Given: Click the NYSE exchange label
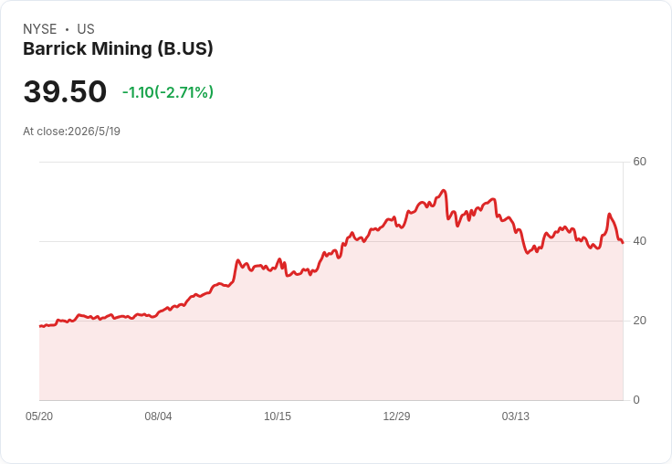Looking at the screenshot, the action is [40, 29].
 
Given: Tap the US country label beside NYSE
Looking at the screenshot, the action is [86, 29].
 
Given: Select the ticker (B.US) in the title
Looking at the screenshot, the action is [185, 49].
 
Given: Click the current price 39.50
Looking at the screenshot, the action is [65, 91].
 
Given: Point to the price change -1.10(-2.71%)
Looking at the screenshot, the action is [168, 92].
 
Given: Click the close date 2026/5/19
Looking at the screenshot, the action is [94, 132].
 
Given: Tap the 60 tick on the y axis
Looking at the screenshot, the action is [639, 162].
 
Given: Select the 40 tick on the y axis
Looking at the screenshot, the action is [639, 241].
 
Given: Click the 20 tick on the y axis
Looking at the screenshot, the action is [639, 321].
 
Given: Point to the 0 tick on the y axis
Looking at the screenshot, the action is [636, 400].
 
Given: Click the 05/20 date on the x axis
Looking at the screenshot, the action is [39, 417].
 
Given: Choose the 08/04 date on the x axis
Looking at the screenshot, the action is [158, 417].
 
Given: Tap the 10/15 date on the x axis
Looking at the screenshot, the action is [278, 417].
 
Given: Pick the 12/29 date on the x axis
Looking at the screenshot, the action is [396, 417].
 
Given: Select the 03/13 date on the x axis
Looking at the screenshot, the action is [516, 417].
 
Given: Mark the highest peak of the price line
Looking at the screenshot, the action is [444, 190].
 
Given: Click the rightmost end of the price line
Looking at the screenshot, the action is [623, 243].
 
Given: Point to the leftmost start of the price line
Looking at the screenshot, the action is [40, 326].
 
